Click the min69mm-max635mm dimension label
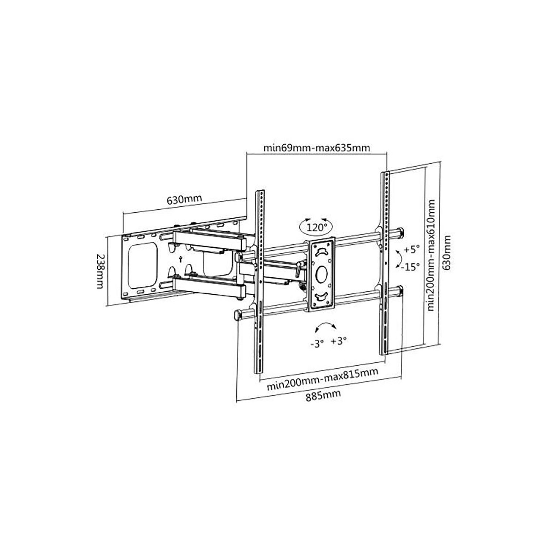coord(316,148)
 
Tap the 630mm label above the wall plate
coord(184,199)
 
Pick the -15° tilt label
coord(410,267)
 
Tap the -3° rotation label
coord(317,343)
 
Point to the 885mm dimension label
coord(323,395)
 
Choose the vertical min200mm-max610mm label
coord(431,255)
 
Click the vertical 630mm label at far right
coord(446,253)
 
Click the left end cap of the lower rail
coord(238,315)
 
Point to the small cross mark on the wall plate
coord(181,259)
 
